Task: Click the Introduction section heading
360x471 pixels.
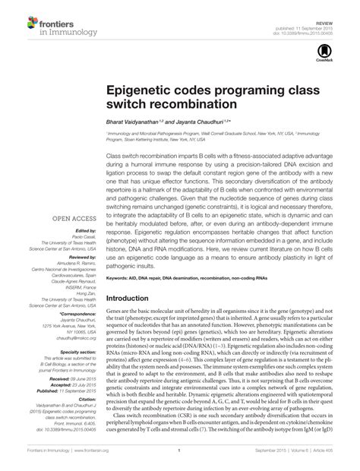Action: coord(136,277)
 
